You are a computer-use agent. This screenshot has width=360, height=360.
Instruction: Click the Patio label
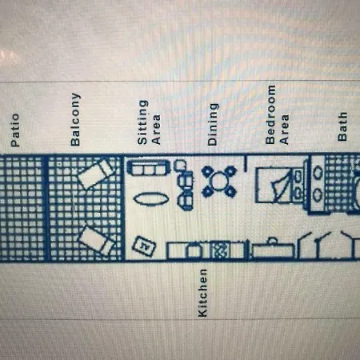coord(15,130)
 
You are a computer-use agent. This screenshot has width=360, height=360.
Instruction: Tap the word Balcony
coord(75,119)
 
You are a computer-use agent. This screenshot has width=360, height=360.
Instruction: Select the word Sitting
coord(142,122)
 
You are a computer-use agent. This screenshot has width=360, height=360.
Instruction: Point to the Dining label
coord(213,124)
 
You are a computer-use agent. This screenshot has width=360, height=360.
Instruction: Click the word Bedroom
coord(270,114)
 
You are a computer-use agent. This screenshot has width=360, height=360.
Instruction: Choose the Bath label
coord(342,126)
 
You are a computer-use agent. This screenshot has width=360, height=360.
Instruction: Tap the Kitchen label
coord(202,293)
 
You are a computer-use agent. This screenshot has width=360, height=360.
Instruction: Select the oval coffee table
coord(151,199)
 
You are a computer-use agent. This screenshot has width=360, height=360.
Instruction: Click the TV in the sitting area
coord(144,246)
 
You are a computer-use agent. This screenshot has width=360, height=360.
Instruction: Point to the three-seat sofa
coord(148,168)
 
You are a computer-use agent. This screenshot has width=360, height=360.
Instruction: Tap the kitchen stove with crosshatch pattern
coord(220,250)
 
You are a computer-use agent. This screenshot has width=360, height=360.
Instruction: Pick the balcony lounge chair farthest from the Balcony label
coord(98,241)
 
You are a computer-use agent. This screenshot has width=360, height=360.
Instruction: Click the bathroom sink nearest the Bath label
coord(318,173)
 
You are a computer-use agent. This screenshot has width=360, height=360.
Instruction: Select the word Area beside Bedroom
coord(284,130)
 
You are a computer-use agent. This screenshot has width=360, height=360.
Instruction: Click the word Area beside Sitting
coord(156,130)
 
